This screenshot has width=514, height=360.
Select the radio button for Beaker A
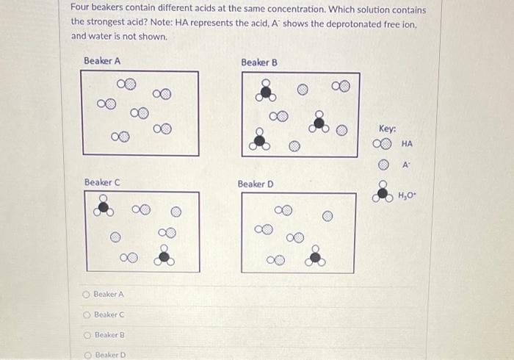[87, 294]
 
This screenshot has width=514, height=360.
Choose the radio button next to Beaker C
[87, 314]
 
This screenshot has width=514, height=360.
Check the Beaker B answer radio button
[87, 335]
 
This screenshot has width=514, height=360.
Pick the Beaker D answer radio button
[87, 355]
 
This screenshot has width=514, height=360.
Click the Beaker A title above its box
[102, 60]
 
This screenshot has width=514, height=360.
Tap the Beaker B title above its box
[259, 62]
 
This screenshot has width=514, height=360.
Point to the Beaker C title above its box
[102, 181]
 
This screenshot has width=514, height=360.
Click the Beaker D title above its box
[256, 184]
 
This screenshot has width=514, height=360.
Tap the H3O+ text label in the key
[407, 195]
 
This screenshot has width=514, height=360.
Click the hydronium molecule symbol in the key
[382, 192]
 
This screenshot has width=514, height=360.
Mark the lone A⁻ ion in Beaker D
[327, 217]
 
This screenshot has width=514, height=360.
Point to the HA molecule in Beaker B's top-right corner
[340, 87]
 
